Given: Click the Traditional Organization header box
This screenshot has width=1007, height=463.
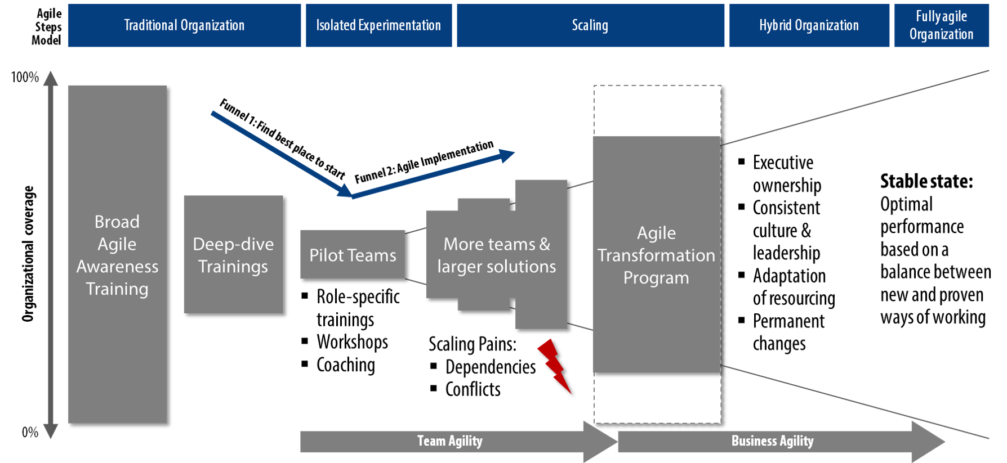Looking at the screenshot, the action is click(184, 25).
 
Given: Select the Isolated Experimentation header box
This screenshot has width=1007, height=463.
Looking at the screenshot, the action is click(378, 25).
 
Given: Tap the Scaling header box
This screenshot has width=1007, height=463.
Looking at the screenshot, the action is click(590, 25).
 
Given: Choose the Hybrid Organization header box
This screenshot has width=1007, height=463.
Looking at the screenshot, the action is click(809, 25).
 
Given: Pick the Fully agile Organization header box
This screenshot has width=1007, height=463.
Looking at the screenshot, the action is click(941, 25).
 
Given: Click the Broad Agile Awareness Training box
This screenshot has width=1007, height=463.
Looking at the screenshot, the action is click(117, 254).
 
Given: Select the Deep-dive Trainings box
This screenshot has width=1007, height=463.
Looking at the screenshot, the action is click(233, 254).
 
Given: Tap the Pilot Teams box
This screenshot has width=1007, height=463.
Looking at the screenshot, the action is click(353, 255).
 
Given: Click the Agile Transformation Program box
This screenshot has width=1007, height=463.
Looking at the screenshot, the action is click(657, 254).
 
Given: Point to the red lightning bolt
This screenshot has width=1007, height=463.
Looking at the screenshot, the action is click(555, 366).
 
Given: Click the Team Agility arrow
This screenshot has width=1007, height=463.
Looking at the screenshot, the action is click(458, 442).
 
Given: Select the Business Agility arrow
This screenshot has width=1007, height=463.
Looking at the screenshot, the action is click(781, 442).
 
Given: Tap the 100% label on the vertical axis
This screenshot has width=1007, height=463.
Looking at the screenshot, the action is click(25, 77).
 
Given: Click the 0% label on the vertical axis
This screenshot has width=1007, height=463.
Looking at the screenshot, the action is click(30, 432).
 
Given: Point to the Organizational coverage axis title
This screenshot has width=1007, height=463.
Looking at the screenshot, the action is click(28, 254).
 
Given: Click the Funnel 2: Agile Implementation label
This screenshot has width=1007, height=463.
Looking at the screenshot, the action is click(424, 161).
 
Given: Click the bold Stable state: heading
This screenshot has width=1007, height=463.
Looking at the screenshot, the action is click(926, 181).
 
